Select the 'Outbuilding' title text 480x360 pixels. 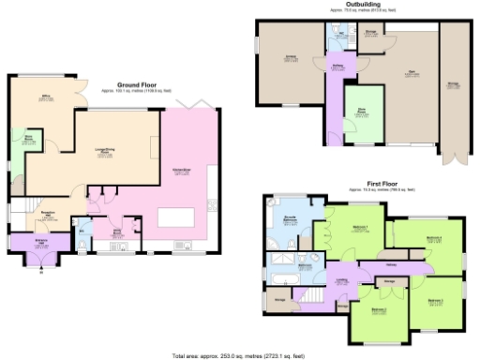[x=362, y=4]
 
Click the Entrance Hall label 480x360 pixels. [x=43, y=215]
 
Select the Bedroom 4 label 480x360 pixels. [x=433, y=239]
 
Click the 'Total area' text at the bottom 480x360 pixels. [x=237, y=355]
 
